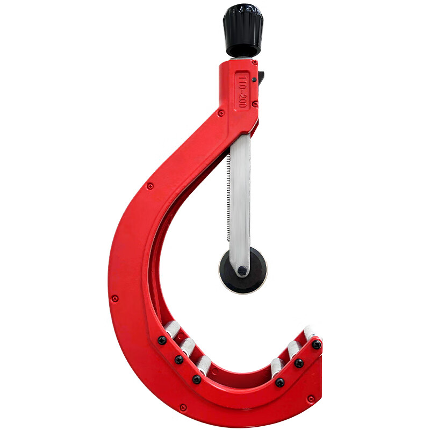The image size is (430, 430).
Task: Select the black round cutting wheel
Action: (243, 271)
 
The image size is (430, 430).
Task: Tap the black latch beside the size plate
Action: (261, 78)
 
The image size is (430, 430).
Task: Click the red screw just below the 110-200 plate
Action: (255, 104)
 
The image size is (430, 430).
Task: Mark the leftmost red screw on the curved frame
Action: (115, 298)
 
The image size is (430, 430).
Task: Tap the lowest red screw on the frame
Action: (183, 407)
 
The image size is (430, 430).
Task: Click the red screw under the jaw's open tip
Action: (311, 398)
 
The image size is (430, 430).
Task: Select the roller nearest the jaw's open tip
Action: (310, 334)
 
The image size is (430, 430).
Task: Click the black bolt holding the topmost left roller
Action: (162, 340)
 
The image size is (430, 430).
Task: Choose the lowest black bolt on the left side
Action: (197, 379)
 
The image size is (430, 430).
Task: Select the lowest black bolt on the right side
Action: (280, 382)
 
